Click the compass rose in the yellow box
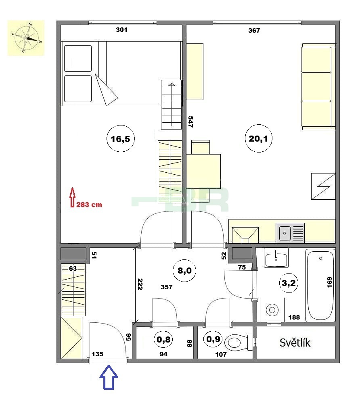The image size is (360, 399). tap(27, 38)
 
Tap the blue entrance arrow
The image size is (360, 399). tap(109, 377)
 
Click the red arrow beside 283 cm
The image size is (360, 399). tap(73, 197)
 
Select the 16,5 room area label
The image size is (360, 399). tap(120, 139)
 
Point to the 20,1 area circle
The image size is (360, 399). tap(258, 138)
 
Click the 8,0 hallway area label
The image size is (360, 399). tap(184, 270)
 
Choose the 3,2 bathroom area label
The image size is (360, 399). tap(289, 283)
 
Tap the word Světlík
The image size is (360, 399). tap(295, 343)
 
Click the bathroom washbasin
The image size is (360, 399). tap(276, 258)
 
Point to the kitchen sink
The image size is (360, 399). tap(290, 233)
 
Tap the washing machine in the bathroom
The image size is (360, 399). tap(272, 310)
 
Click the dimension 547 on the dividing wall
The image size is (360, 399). tap(190, 121)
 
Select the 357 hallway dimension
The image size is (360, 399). tap(167, 287)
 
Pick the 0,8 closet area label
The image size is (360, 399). tap(163, 339)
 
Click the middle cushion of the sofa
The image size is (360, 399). tap(316, 86)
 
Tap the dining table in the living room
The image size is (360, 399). tap(203, 171)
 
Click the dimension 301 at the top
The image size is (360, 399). tap(121, 30)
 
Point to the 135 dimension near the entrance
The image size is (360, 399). tap(98, 354)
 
